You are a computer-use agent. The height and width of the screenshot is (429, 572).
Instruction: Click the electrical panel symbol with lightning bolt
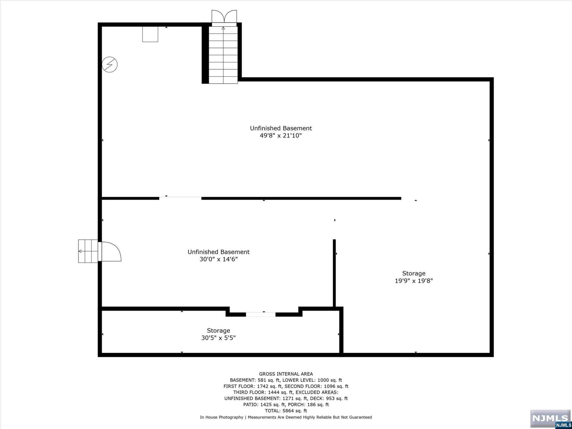tap(109, 65)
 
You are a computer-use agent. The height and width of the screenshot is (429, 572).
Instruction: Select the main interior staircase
tap(223, 55)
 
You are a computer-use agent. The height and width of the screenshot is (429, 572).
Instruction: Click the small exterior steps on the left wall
tap(88, 251)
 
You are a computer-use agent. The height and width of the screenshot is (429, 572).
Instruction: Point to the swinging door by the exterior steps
tap(111, 251)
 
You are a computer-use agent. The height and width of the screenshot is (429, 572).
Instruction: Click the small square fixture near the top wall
tap(150, 34)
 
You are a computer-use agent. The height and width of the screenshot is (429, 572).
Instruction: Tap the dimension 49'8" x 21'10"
tap(281, 136)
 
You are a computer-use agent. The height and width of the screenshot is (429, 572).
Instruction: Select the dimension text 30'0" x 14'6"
tap(218, 259)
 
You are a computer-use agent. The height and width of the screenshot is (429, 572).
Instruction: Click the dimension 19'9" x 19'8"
tap(414, 281)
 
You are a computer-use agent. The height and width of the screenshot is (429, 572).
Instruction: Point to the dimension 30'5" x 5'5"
tap(218, 338)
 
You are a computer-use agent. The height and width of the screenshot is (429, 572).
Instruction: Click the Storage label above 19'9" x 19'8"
tap(414, 273)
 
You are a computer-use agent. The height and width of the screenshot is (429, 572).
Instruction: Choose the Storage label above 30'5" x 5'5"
tap(218, 331)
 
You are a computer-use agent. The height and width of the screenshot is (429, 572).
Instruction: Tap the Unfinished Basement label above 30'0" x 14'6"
tap(218, 252)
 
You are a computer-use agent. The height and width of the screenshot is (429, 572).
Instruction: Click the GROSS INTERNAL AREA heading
tap(286, 374)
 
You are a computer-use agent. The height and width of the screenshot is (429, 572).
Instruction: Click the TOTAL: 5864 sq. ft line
tap(286, 411)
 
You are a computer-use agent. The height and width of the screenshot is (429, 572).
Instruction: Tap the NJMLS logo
tap(550, 418)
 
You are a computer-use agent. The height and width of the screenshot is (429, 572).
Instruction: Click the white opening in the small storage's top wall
tap(261, 314)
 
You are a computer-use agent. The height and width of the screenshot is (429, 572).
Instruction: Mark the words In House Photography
tap(221, 417)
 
